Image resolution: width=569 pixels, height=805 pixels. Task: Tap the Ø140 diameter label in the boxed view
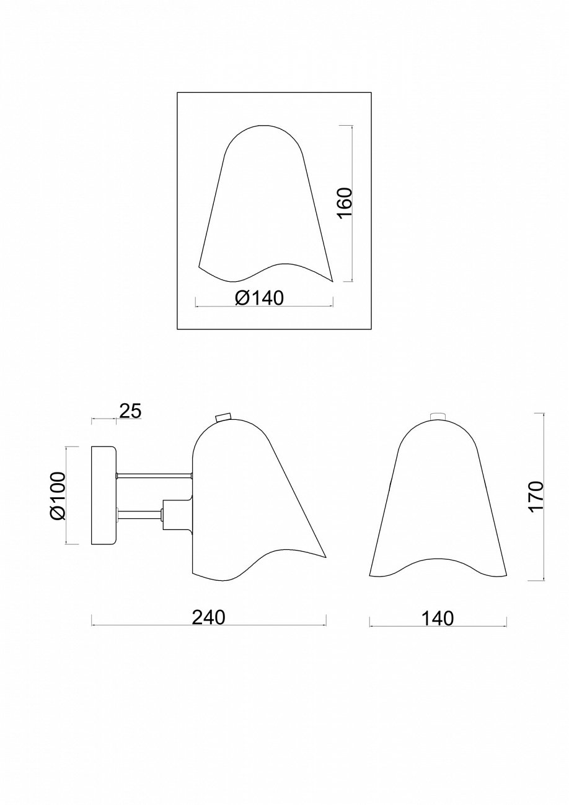click(x=259, y=298)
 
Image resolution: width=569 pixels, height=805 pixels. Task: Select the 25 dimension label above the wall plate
click(x=130, y=411)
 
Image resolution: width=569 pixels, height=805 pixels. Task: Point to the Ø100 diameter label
click(x=56, y=495)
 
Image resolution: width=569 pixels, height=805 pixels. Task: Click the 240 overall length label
click(x=209, y=617)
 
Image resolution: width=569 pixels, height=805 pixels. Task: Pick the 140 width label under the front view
click(x=437, y=617)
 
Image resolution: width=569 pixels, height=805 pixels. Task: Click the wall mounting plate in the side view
click(x=104, y=495)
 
